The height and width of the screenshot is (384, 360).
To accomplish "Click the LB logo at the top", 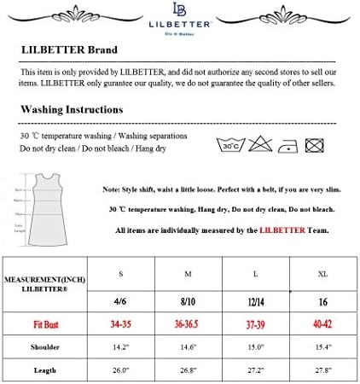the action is (179, 11).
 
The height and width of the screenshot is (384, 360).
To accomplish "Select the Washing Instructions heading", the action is (72, 109).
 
